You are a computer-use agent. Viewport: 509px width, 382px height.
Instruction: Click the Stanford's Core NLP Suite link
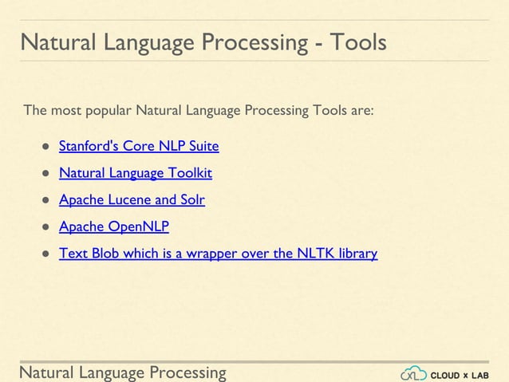[139, 147]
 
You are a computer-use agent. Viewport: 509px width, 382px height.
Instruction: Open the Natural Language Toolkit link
[136, 173]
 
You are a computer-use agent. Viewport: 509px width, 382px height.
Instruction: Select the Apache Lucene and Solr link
[132, 200]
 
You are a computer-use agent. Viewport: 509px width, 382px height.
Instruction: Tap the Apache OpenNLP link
[114, 226]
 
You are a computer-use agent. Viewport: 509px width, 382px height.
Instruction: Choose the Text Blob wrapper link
[218, 254]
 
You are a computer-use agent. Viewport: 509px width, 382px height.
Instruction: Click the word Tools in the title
[356, 41]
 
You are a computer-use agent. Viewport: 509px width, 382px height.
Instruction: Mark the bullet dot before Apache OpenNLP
[46, 227]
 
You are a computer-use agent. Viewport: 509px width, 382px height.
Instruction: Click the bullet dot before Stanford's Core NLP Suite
[46, 148]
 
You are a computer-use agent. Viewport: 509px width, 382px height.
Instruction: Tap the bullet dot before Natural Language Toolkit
[46, 174]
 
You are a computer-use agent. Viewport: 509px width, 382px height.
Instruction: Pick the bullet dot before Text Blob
[46, 254]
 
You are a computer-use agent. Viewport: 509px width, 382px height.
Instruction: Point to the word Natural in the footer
[46, 372]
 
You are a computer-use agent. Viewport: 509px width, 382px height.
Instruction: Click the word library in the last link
[356, 254]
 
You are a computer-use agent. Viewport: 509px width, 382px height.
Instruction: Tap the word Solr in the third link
[191, 200]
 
